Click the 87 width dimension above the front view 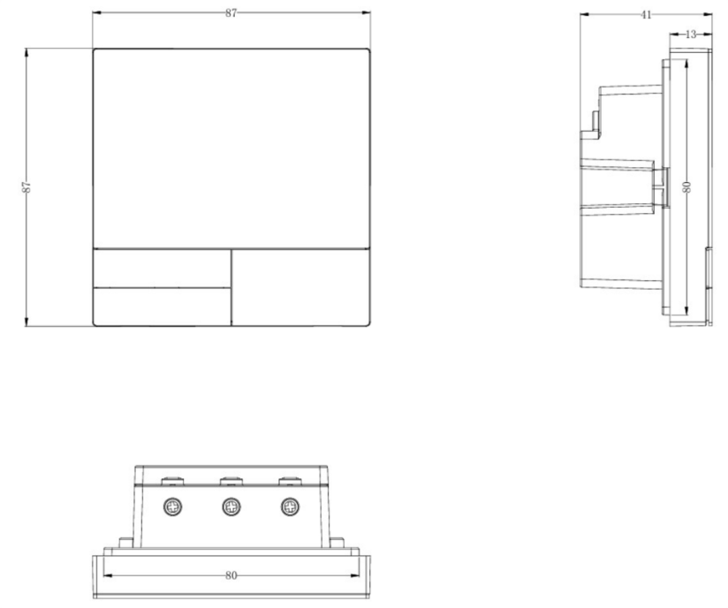click(231, 13)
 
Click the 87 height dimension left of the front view click(27, 187)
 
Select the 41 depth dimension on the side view click(646, 15)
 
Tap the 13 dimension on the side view click(691, 34)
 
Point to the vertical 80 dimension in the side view click(686, 186)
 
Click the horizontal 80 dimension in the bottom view click(231, 575)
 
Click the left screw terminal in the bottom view click(172, 506)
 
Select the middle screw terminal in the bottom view click(231, 506)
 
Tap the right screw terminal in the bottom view click(290, 506)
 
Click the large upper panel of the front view click(231, 148)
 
